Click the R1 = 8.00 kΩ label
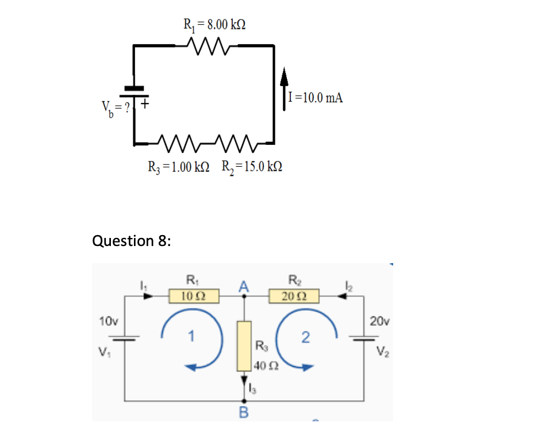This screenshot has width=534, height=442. click(x=215, y=24)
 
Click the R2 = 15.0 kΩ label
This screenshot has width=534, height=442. click(x=252, y=167)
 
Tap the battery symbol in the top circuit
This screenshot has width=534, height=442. click(x=134, y=92)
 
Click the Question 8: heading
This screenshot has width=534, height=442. click(x=131, y=240)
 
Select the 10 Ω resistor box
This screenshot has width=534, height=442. click(x=187, y=296)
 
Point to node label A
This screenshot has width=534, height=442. click(x=245, y=286)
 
